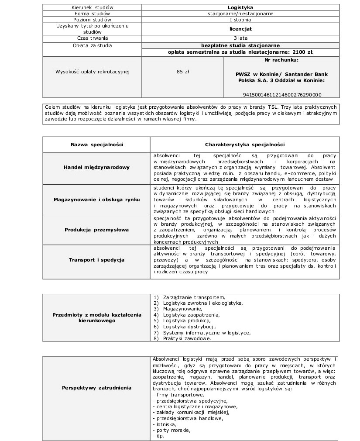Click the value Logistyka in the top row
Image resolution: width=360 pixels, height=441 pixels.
tap(240, 7)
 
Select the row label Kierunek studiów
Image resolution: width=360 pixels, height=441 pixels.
tap(92, 7)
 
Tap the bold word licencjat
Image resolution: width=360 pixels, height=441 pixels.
tap(240, 29)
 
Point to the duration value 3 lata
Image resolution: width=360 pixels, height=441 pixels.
tap(240, 38)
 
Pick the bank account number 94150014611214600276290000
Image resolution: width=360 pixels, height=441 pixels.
tap(282, 94)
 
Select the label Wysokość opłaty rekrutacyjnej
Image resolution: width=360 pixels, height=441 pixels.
tap(93, 71)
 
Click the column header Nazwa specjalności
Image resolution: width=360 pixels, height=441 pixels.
tap(97, 145)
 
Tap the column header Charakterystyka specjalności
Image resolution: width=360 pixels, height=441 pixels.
tap(245, 145)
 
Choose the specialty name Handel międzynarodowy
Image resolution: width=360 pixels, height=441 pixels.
tap(97, 167)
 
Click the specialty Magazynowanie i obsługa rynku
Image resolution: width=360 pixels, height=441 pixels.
tap(97, 199)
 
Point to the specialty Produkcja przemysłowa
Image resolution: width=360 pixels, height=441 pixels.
tap(97, 230)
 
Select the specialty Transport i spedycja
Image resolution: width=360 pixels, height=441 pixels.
tap(97, 260)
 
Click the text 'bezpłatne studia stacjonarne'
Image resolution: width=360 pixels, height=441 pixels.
tap(240, 45)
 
